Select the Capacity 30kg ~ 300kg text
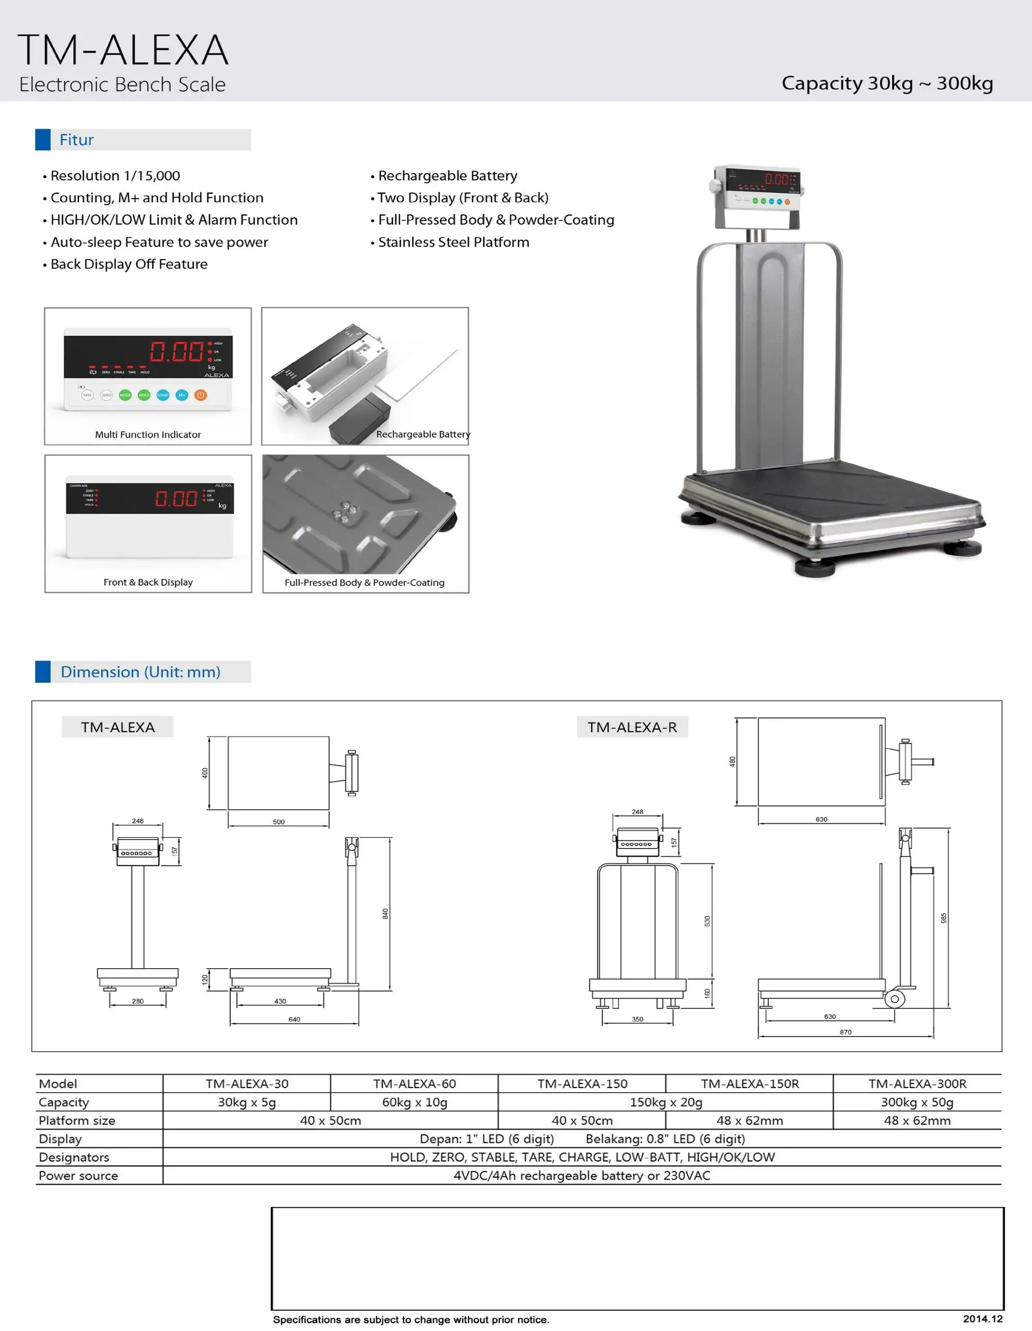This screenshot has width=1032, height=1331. click(887, 83)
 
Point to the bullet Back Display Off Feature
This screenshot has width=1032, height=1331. click(128, 264)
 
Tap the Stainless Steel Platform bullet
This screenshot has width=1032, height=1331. click(453, 242)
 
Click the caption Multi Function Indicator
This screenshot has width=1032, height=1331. click(148, 435)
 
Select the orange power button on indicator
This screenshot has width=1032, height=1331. click(200, 395)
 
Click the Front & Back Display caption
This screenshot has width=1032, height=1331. click(148, 582)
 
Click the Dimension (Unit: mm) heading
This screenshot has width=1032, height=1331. click(140, 671)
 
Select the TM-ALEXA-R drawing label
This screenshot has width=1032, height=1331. click(632, 727)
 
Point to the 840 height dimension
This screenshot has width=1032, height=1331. click(385, 913)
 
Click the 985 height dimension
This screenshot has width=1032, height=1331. click(944, 918)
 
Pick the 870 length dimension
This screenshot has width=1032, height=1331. click(845, 1032)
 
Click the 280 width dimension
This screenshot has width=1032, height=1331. click(138, 1001)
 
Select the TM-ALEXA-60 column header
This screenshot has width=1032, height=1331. click(414, 1084)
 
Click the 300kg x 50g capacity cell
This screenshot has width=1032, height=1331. click(917, 1102)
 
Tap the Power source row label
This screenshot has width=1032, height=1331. click(78, 1176)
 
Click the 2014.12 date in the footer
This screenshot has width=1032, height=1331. click(982, 1319)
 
